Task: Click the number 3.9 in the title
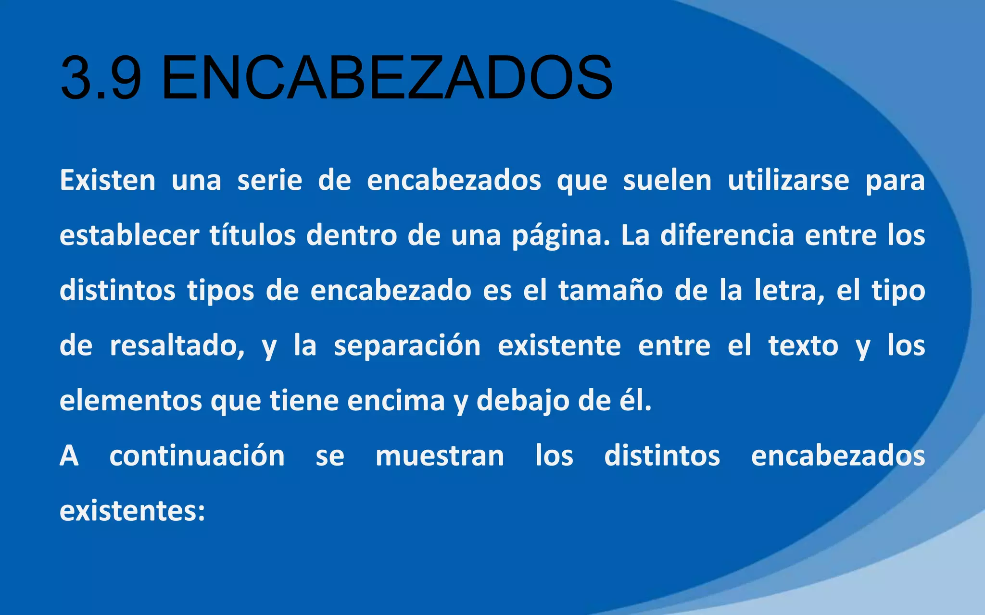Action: pos(101,78)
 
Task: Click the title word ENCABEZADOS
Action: pos(387,78)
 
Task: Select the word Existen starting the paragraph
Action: pos(107,181)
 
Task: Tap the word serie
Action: pos(270,181)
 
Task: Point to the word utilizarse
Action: pos(788,181)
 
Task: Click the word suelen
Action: pos(667,181)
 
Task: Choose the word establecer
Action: pos(129,235)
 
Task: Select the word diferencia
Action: pos(727,235)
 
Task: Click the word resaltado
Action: pos(177,346)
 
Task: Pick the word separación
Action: pos(407,346)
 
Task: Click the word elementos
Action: pos(130,401)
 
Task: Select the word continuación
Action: pos(197,455)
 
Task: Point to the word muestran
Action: pos(440,455)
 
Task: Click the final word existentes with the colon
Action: pos(132,511)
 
